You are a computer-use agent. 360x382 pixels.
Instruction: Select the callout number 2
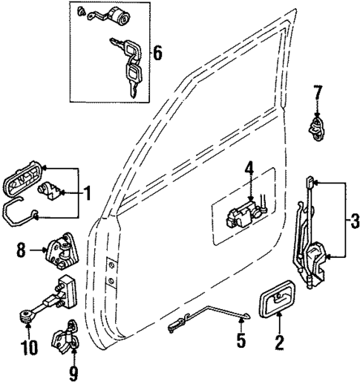point(280,343)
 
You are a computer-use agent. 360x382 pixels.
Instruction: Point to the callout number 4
point(250,169)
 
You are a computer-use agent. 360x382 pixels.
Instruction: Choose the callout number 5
point(240,343)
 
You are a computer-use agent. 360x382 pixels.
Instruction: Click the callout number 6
point(157,54)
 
